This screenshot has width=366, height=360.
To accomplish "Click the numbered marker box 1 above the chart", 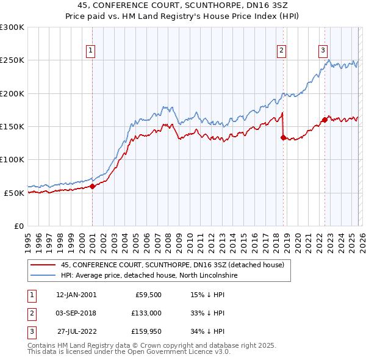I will pos(90,51).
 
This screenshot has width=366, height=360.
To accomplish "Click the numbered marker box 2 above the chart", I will pos(281,51).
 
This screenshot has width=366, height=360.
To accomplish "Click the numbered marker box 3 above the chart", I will pos(323,51).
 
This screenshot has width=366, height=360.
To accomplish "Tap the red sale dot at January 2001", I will pos(93,187).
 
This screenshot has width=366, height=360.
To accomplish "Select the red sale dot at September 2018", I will pos(283,138).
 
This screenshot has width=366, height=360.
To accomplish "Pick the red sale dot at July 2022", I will pos(325,120).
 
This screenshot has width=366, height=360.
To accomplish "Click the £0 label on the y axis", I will pos(18,226).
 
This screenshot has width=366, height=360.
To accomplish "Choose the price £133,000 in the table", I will pos(146,313).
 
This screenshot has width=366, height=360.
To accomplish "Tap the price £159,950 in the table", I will pos(146,331).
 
